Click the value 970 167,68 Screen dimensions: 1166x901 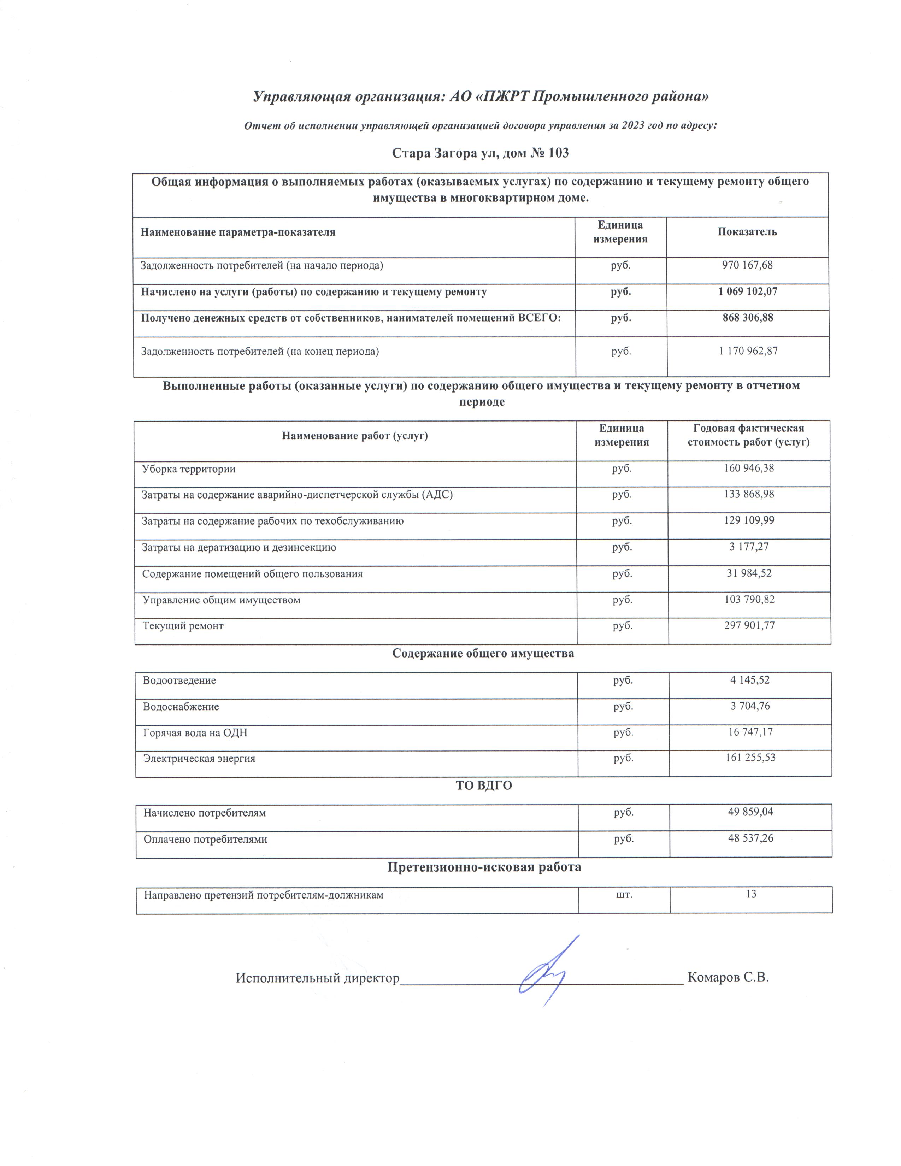(747, 265)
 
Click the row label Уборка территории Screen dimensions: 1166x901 (188, 469)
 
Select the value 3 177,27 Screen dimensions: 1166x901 (748, 547)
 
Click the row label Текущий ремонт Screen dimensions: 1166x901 (183, 626)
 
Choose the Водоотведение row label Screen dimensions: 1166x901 (179, 681)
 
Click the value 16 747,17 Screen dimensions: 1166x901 (750, 732)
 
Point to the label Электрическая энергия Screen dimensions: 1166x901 (199, 758)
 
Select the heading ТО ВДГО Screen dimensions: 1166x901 (483, 785)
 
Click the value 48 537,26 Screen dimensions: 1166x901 (750, 838)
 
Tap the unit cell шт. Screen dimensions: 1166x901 (624, 894)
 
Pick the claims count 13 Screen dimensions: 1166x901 (751, 894)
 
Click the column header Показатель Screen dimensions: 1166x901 (747, 232)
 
